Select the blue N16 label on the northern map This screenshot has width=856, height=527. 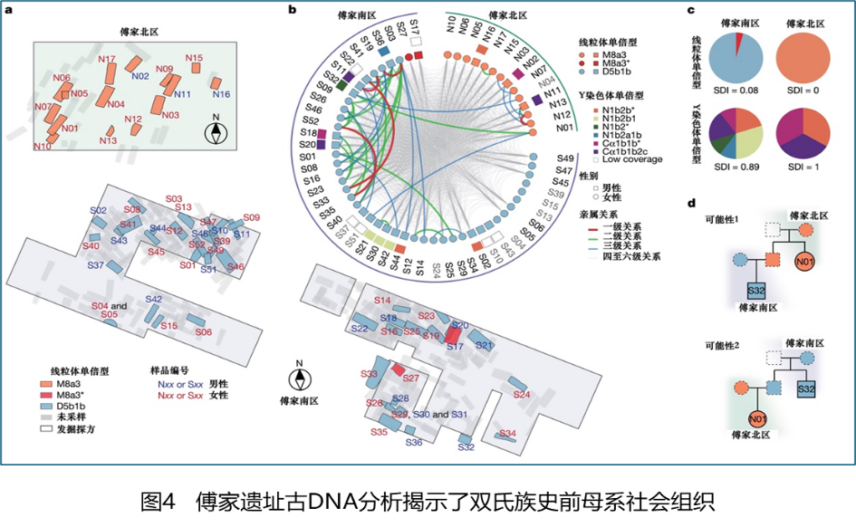pos(221,94)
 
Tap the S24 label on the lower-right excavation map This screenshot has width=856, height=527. pos(521,395)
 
